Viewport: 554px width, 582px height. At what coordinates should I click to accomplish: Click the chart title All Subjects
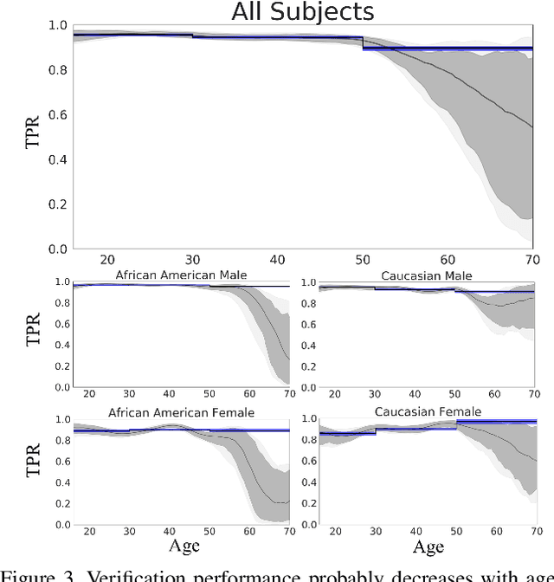302,12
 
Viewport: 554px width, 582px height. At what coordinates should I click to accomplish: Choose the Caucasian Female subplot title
428,411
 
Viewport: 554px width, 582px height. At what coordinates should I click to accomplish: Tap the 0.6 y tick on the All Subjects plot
59,114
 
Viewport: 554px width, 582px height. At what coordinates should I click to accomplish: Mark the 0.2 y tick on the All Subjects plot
59,204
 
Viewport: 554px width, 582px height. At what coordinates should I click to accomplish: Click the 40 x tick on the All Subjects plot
277,261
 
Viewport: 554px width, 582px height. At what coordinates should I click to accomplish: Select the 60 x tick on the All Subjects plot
448,261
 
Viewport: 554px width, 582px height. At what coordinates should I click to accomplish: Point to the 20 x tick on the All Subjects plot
107,261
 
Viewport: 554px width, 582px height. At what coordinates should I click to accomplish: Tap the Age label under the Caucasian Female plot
428,547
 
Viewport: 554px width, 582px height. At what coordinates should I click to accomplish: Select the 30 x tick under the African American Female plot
129,532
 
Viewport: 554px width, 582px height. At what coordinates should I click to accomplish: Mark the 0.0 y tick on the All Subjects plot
59,249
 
